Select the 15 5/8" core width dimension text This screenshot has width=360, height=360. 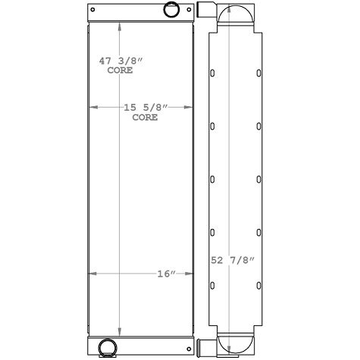tap(142, 112)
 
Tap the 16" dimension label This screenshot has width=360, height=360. tap(167, 274)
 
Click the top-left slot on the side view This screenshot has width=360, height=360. tap(212, 74)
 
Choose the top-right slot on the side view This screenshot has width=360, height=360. tap(258, 74)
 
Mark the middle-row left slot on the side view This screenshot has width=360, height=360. tap(212, 180)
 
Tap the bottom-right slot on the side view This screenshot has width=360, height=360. tap(258, 285)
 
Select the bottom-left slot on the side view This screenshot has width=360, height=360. tap(212, 285)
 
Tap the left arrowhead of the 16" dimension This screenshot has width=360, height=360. tap(92, 274)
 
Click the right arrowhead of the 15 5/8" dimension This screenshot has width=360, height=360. tap(189, 108)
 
